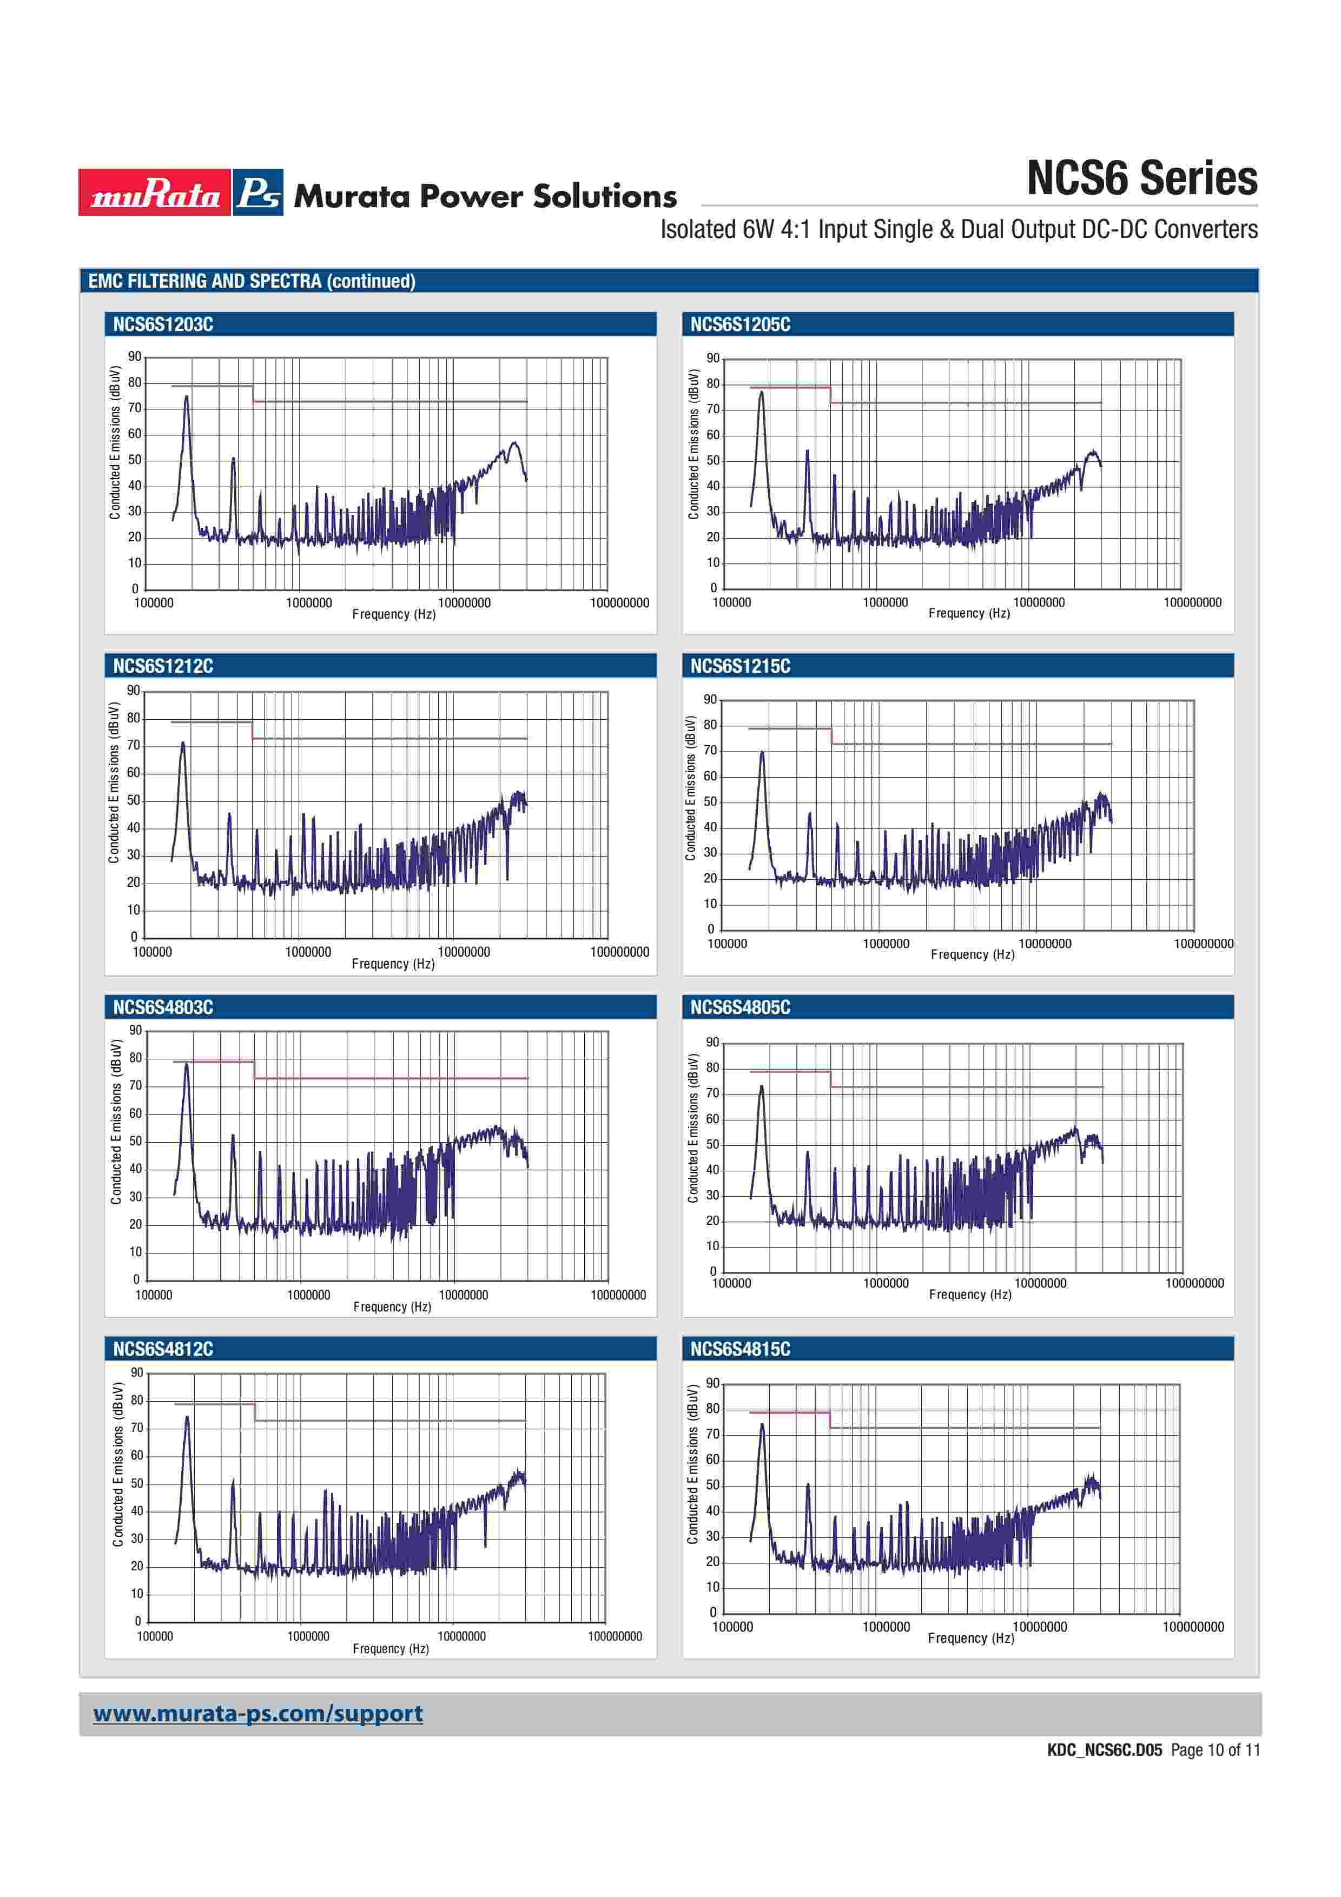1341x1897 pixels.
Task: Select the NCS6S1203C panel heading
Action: point(163,324)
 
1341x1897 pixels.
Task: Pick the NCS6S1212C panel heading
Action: point(163,666)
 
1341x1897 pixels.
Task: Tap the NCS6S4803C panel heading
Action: point(163,1007)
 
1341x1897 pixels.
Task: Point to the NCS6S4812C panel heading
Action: point(163,1348)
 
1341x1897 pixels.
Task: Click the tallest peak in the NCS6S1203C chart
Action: point(187,397)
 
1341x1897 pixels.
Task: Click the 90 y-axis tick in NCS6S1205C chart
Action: point(713,359)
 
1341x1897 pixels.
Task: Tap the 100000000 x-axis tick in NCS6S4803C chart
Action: point(618,1295)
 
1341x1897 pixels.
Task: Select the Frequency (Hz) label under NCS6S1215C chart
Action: point(973,954)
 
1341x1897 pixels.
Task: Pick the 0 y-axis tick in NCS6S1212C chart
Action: point(134,937)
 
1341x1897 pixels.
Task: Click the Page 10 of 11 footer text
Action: point(1214,1750)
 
